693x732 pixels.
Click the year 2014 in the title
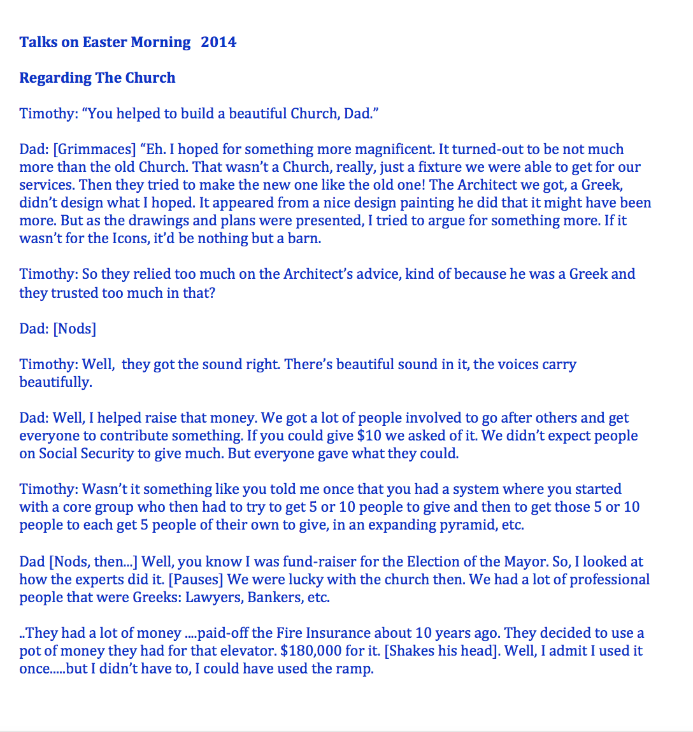pyautogui.click(x=218, y=43)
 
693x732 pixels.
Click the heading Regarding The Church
pyautogui.click(x=97, y=78)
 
